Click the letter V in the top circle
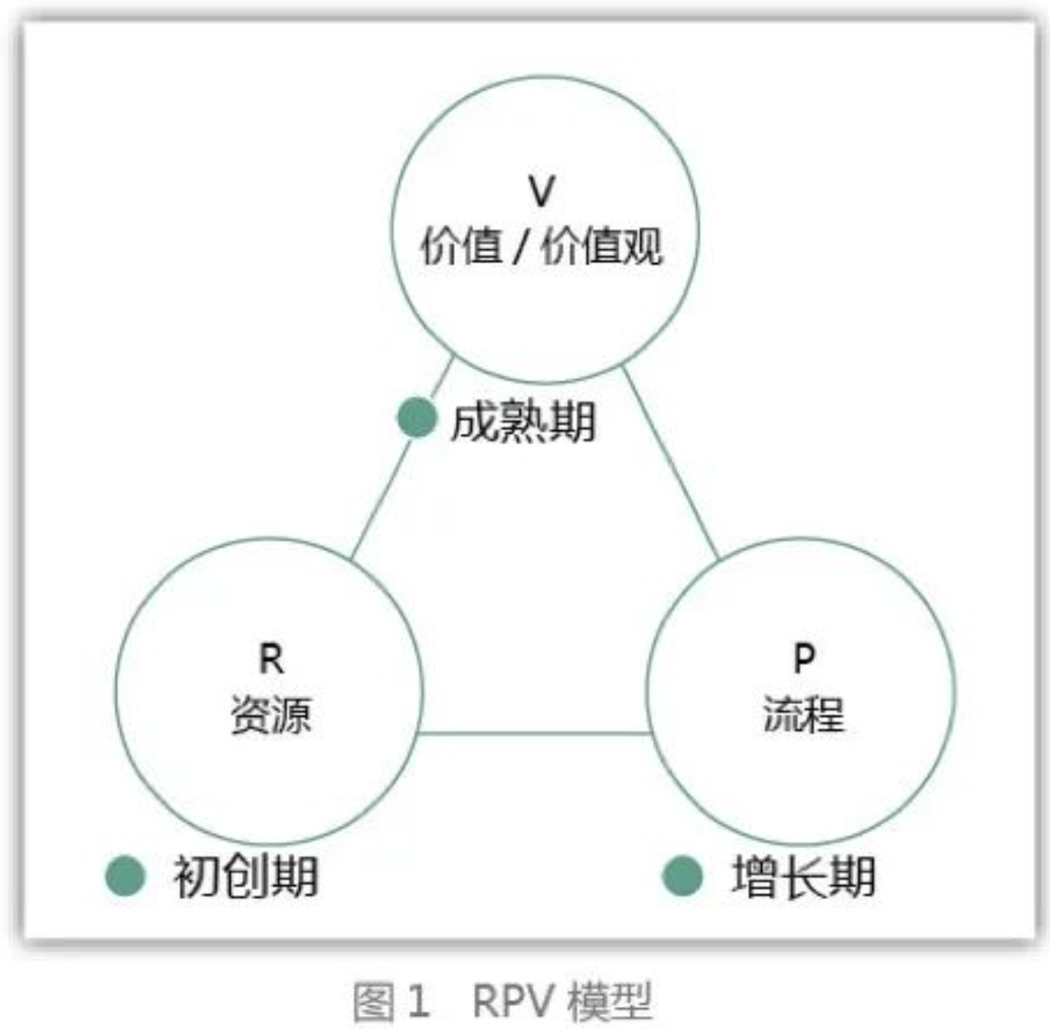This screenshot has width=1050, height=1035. coord(541,191)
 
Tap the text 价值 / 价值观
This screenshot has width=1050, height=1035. coord(541,247)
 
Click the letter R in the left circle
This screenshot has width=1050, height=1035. coord(271,659)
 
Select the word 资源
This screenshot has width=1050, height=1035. coord(271,714)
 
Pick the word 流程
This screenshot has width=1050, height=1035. coord(804,713)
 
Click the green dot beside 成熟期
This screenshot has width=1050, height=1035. coord(417,417)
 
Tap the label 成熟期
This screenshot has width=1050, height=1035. coord(523,421)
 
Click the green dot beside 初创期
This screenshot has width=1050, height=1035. coord(125,876)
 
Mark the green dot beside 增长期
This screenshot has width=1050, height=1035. coord(682,876)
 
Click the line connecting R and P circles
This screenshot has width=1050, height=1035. coord(535,733)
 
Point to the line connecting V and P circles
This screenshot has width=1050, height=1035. coord(671,462)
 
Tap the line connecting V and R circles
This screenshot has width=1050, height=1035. coord(402,457)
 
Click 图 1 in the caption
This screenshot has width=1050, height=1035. coord(391,1000)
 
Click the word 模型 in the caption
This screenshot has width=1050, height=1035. coord(609,1000)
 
